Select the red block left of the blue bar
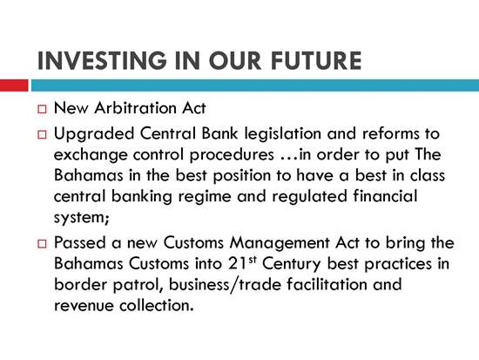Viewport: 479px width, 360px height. [x=14, y=85]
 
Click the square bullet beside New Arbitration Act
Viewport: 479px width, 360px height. [x=42, y=109]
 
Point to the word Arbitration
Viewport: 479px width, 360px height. [x=135, y=108]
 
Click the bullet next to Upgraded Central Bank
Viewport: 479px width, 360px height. [x=42, y=134]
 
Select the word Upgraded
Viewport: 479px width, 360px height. [x=94, y=135]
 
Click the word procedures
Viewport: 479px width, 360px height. [x=232, y=156]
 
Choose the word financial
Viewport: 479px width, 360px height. [x=385, y=196]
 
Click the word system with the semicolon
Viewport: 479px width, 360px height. [x=82, y=219]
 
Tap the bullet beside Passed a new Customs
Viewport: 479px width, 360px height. [x=42, y=244]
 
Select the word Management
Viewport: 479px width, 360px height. [x=280, y=244]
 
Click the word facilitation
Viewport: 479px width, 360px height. [x=327, y=284]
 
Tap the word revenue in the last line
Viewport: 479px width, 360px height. [x=84, y=306]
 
